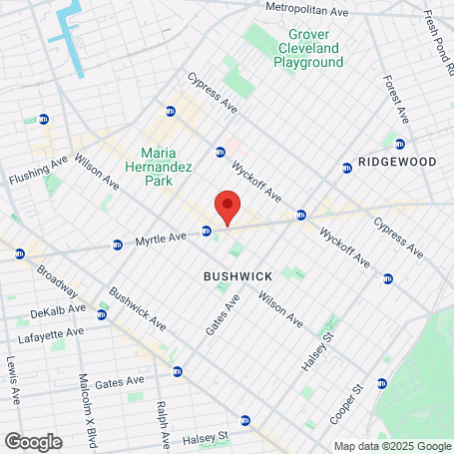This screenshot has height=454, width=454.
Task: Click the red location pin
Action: (227, 205)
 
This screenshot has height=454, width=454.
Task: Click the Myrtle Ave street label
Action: (162, 238)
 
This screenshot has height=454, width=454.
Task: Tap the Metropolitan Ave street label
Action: (305, 8)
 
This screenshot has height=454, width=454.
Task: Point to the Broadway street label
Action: (57, 281)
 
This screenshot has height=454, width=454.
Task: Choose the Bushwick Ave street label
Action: (138, 309)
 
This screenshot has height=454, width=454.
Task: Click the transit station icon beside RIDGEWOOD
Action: (346, 169)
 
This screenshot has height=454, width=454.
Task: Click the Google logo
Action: (33, 441)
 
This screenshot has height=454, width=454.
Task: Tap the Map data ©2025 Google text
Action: (391, 446)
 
